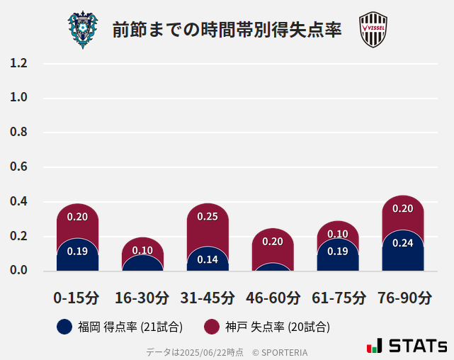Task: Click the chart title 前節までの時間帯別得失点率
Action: point(227,30)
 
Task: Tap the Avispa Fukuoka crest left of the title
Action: point(84,29)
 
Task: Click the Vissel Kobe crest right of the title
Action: point(373,30)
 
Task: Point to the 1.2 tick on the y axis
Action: point(19,63)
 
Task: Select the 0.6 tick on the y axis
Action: point(19,167)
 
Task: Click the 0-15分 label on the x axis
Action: point(77,298)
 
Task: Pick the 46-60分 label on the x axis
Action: point(273,298)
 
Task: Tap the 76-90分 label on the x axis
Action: point(403,298)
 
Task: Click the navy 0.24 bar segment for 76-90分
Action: point(403,252)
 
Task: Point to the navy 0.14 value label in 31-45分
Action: point(208,259)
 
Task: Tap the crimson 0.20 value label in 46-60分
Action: point(273,242)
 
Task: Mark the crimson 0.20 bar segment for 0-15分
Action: point(77,220)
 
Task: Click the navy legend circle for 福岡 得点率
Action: point(64,327)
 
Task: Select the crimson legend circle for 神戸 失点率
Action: point(211,327)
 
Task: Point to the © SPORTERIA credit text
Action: point(280,352)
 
